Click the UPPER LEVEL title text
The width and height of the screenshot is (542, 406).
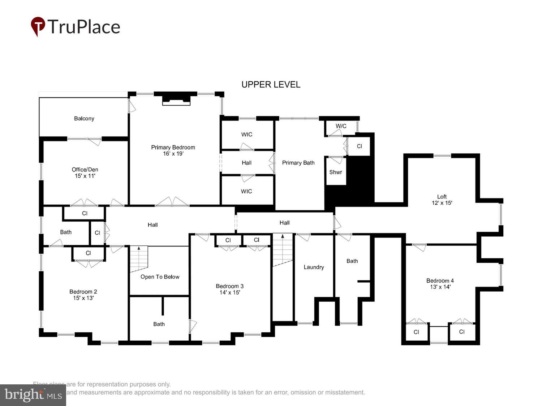tap(271, 84)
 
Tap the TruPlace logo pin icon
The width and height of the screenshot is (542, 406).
tap(38, 26)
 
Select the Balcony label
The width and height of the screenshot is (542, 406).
tap(84, 118)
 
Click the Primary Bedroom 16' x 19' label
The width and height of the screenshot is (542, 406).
tap(173, 150)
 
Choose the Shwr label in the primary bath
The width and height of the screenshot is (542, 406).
tap(335, 172)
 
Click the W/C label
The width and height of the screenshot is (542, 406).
tap(341, 126)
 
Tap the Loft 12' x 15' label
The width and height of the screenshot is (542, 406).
tap(442, 200)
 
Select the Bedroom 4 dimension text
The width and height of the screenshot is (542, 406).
tap(440, 287)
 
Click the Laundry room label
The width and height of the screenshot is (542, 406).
tap(314, 267)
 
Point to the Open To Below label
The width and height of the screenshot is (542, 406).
tap(160, 277)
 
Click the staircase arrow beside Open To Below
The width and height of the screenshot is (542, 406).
tap(138, 248)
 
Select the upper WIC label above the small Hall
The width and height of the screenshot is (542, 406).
tap(247, 134)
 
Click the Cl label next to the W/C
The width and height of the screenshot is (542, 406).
tap(359, 146)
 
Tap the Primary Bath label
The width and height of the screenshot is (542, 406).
tap(298, 163)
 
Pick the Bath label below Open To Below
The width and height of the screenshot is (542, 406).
tap(159, 324)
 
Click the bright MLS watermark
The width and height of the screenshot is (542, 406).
tap(33, 395)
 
